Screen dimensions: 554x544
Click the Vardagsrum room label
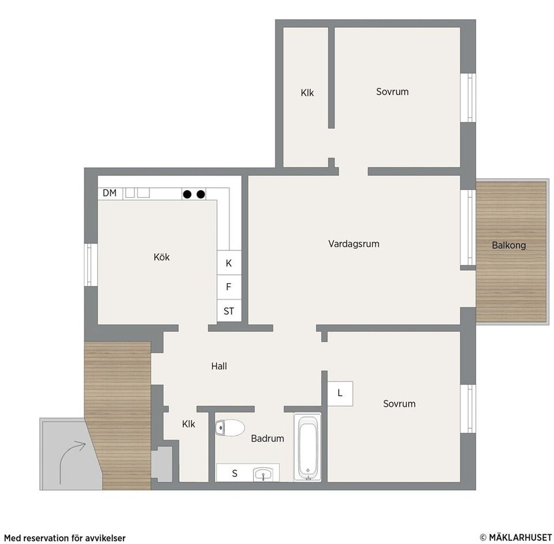[x=354, y=244]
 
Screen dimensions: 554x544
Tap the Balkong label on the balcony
[x=509, y=245]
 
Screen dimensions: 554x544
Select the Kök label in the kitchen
[x=162, y=257]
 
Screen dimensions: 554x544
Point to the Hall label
[x=219, y=366]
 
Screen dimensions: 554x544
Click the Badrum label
[x=267, y=438]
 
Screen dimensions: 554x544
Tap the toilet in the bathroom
[x=230, y=428]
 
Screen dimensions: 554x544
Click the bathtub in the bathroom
[x=308, y=447]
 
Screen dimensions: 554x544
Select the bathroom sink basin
[x=263, y=474]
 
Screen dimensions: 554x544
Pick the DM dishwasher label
[x=110, y=193]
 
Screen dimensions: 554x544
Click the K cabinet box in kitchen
[x=229, y=263]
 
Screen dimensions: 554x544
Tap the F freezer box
[x=229, y=287]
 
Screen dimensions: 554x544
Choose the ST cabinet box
[x=229, y=311]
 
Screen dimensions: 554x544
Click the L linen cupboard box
[x=340, y=393]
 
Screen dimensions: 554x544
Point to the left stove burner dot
[x=187, y=194]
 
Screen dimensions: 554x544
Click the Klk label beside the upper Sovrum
[x=307, y=92]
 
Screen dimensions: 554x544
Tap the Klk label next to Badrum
[x=188, y=424]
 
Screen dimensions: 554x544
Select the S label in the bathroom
[x=235, y=474]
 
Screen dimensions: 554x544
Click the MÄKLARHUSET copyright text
[x=515, y=537]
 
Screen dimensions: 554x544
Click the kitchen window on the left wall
[x=91, y=265]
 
